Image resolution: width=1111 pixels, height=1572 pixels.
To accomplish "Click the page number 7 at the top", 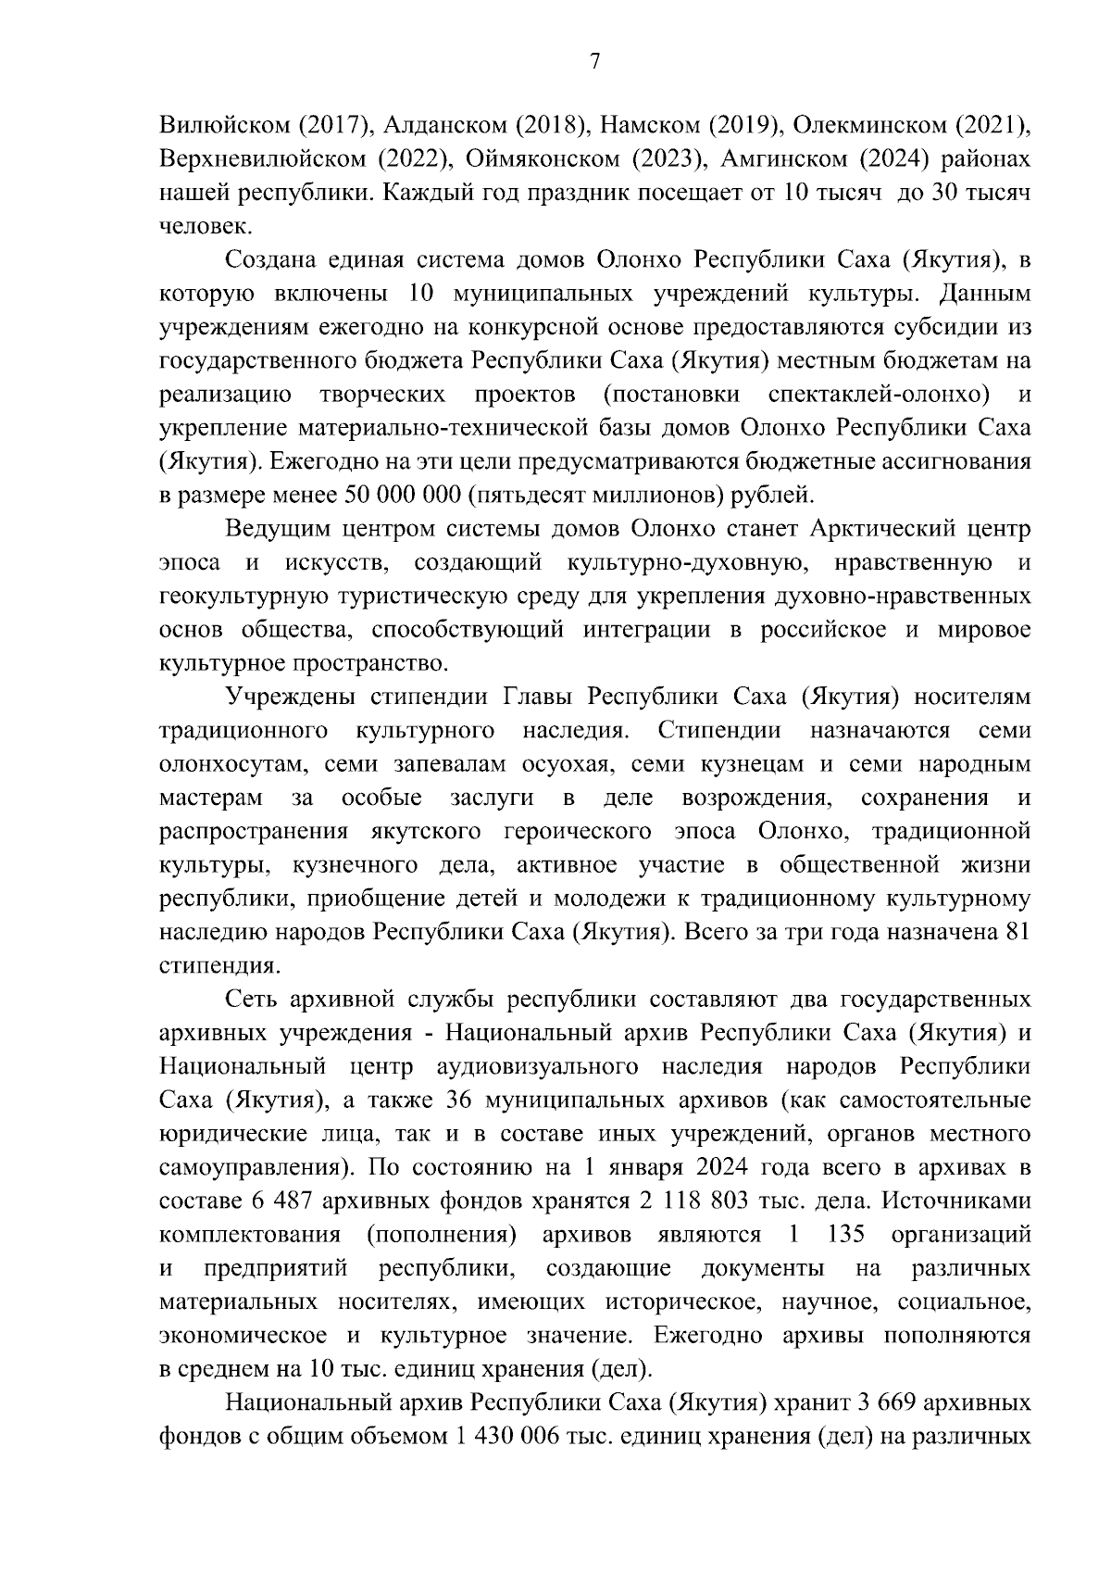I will tap(595, 61).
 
